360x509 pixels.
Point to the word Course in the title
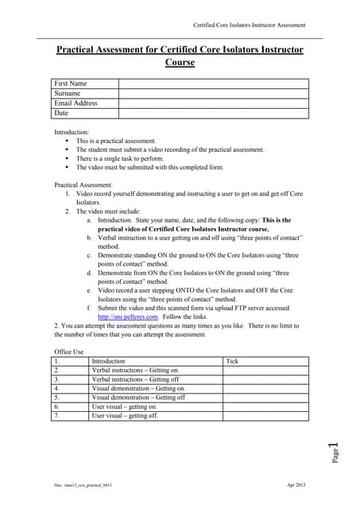click(x=180, y=62)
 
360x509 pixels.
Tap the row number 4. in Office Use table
click(x=57, y=388)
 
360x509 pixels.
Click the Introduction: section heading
click(x=72, y=132)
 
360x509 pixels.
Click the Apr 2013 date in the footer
click(x=296, y=484)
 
